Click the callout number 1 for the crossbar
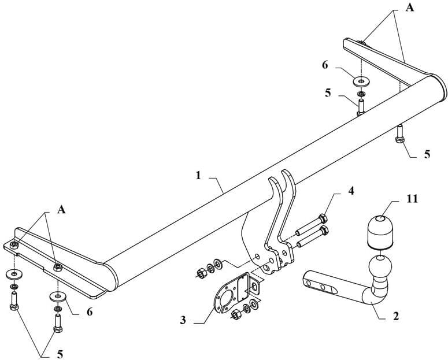click(198, 175)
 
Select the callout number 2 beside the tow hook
click(396, 316)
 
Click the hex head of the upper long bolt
click(323, 219)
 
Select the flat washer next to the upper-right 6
click(361, 82)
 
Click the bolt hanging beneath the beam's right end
click(399, 134)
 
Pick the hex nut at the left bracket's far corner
click(14, 245)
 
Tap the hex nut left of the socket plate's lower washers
click(236, 314)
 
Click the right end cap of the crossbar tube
click(440, 87)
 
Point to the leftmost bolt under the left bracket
click(14, 303)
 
